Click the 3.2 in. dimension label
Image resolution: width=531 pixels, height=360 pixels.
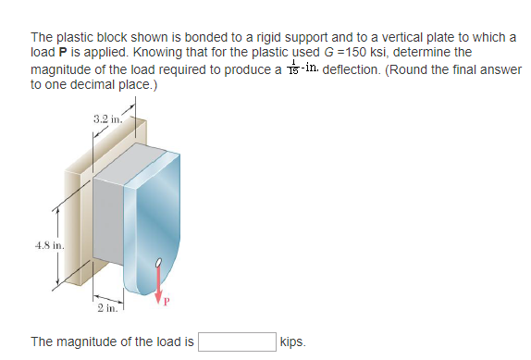click(x=108, y=118)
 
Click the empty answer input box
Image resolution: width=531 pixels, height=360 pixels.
click(x=236, y=341)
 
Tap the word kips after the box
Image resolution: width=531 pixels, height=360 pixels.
click(x=292, y=342)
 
